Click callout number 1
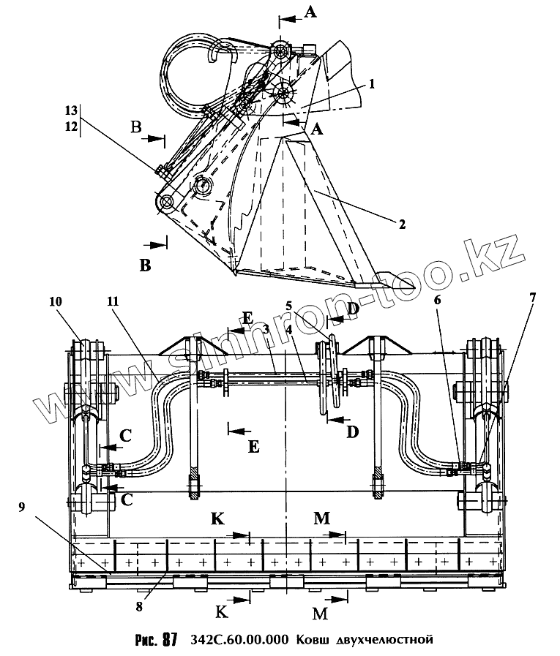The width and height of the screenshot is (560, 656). pos(372,84)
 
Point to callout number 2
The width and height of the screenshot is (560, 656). pos(402,224)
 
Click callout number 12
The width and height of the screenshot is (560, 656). pos(70,127)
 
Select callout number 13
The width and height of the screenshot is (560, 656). pos(70,110)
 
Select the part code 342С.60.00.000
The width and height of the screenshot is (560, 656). pos(239,640)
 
